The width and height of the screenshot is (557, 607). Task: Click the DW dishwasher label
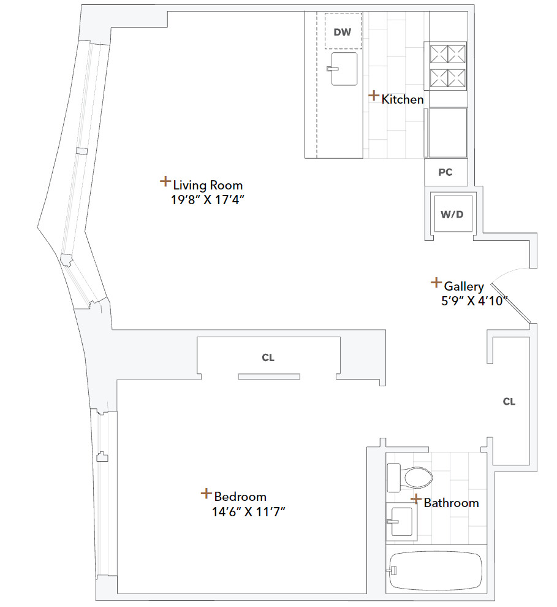pos(343,32)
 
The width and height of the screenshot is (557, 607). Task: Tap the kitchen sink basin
pos(344,69)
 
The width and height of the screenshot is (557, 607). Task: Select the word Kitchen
pos(403,99)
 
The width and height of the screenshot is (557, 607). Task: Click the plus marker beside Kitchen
pos(373,96)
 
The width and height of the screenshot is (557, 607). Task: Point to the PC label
pos(445,172)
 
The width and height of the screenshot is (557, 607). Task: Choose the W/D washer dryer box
pos(452,214)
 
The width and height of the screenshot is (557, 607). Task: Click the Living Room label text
pos(208,185)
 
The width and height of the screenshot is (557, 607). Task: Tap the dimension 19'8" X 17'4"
pos(212,199)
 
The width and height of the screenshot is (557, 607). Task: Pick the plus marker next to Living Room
pos(165,181)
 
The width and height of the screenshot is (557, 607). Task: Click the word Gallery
pos(464,286)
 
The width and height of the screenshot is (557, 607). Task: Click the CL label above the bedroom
pos(268,358)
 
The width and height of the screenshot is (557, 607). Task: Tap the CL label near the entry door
pos(509,402)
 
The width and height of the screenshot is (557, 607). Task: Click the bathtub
pos(436,570)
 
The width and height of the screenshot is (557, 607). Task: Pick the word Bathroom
pos(451,503)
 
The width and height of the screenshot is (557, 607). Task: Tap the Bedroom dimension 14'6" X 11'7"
pos(245,511)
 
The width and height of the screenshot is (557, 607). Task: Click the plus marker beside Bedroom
pos(206,494)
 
